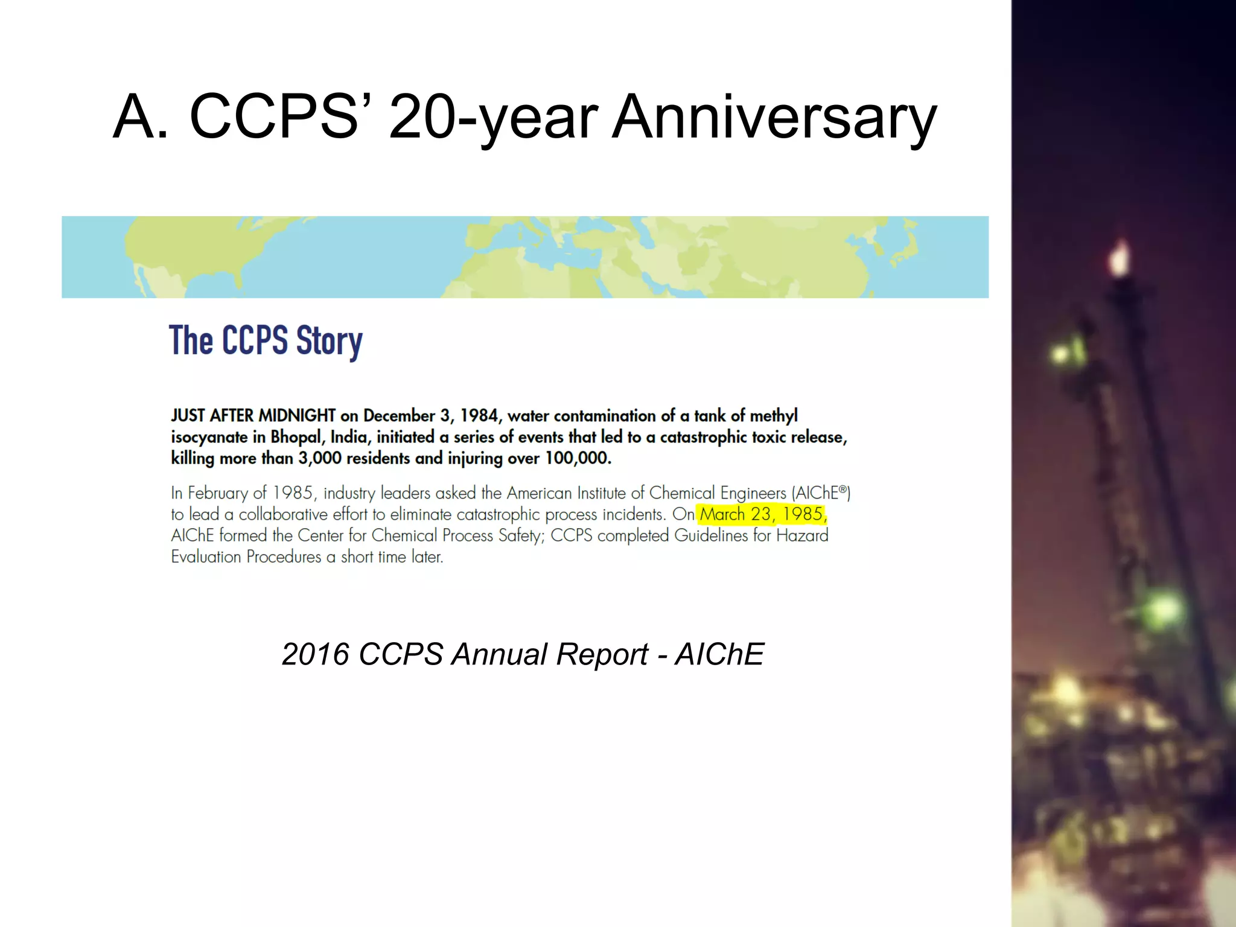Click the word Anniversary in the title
tap(775, 117)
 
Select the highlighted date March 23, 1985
tap(762, 514)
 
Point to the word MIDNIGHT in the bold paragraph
tap(296, 416)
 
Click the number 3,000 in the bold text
tap(320, 458)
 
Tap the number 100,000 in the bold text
tap(578, 458)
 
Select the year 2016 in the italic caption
tap(316, 654)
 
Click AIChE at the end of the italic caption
tap(719, 654)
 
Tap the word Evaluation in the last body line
tap(206, 556)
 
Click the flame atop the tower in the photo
tap(1120, 259)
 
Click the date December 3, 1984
tap(431, 416)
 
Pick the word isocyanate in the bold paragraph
tap(209, 437)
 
